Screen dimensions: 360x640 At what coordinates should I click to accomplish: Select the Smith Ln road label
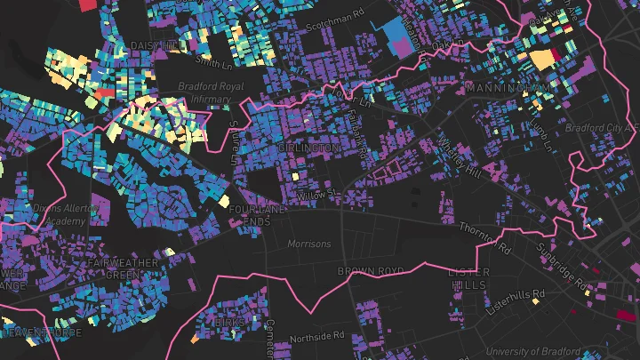pos(213,63)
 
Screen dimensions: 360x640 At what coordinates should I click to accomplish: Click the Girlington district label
pos(308,147)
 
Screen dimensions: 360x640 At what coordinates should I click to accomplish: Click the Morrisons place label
pos(308,244)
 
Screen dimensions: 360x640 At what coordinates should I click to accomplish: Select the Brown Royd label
pos(371,270)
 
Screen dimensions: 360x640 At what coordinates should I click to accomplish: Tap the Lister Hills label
pos(468,278)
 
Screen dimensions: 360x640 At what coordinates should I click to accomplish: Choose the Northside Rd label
pos(316,336)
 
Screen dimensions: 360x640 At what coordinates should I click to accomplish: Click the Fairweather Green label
pos(123,268)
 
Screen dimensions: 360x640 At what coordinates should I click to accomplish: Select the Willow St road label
pos(315,193)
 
